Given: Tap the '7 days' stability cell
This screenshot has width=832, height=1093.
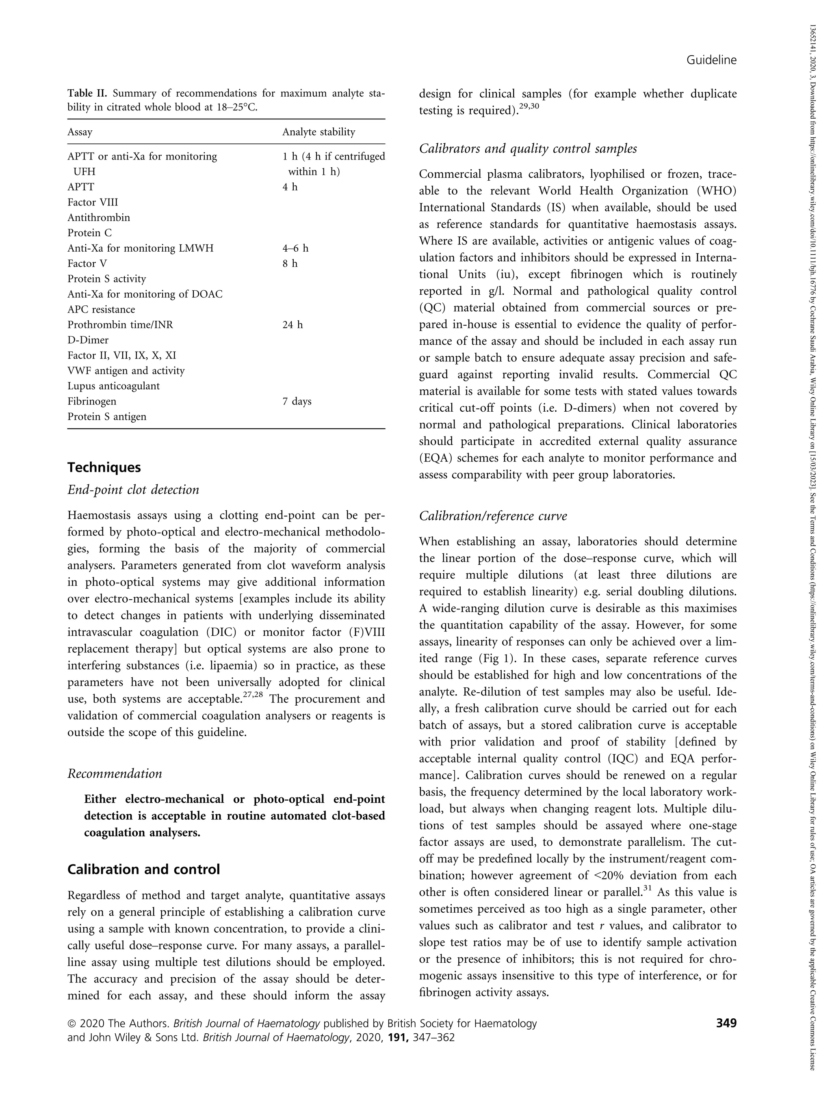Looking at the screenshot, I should point(297,401).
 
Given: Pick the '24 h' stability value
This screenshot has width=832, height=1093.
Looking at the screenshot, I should point(292,325).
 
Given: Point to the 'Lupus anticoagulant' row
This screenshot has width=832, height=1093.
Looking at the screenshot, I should point(113,386).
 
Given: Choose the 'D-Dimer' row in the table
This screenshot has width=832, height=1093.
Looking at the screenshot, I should point(88,340).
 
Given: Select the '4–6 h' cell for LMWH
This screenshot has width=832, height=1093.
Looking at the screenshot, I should point(295,248).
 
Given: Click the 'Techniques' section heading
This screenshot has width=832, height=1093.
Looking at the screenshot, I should point(104,467).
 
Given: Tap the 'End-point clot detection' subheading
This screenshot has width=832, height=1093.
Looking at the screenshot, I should point(133,490).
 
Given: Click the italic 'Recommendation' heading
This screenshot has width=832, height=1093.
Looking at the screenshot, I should point(115,774).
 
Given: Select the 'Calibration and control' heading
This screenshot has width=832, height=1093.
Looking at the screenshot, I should point(144,870).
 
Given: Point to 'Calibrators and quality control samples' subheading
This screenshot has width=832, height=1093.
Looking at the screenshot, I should point(528,149).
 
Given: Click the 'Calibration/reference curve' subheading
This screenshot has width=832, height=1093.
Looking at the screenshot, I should point(493,516).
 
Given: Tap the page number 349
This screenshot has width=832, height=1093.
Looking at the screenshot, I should point(726,1023).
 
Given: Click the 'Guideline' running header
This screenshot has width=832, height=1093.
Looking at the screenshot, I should point(711,60).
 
